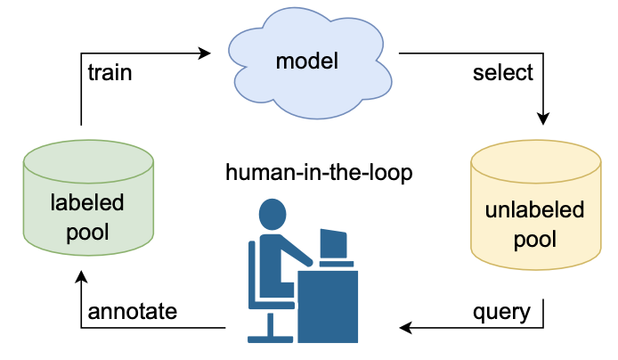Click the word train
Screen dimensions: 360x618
pyautogui.click(x=110, y=72)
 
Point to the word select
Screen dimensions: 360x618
pyautogui.click(x=502, y=72)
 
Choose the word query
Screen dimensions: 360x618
pyautogui.click(x=501, y=312)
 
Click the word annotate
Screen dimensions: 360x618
pyautogui.click(x=133, y=312)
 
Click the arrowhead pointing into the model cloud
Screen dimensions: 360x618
pyautogui.click(x=205, y=53)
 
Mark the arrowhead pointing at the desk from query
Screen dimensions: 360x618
pyautogui.click(x=406, y=328)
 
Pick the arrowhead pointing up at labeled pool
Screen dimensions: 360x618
pyautogui.click(x=81, y=279)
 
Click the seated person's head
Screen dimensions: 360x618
pyautogui.click(x=272, y=214)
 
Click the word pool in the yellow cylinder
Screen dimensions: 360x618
pyautogui.click(x=534, y=239)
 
